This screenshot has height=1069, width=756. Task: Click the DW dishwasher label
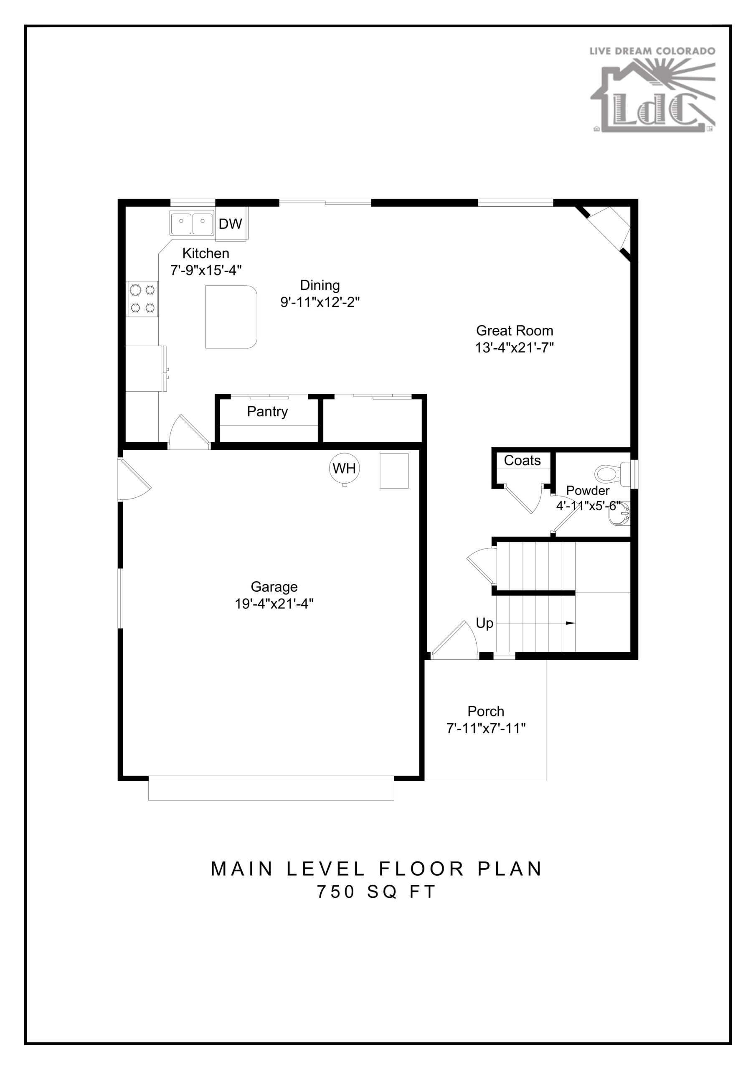(x=230, y=224)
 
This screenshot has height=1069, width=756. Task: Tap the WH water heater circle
(x=344, y=468)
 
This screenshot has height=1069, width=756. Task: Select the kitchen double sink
(x=191, y=223)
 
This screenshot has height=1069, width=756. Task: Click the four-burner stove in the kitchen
(x=142, y=299)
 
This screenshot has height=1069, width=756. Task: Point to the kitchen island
(x=231, y=317)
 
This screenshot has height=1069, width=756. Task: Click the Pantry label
(x=267, y=412)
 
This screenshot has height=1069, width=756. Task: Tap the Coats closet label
(x=522, y=461)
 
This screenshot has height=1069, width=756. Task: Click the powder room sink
(x=619, y=514)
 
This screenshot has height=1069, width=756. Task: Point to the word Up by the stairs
(x=485, y=623)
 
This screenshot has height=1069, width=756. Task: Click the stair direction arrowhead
(x=570, y=623)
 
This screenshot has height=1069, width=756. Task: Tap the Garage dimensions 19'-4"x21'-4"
(x=274, y=604)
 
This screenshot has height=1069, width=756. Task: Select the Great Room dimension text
(x=514, y=347)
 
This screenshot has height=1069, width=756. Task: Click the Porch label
(x=486, y=712)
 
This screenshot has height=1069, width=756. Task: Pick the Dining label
(x=320, y=285)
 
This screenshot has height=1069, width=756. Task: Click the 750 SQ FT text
(x=376, y=892)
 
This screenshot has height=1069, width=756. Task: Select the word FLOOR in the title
(x=421, y=869)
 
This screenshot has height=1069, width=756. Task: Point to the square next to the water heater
(x=394, y=471)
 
